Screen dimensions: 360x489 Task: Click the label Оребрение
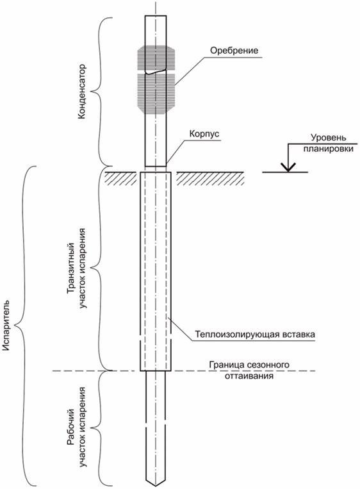[234, 51]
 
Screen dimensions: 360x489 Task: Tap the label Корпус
[204, 134]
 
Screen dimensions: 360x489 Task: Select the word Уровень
[328, 138]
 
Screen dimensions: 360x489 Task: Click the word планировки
[328, 149]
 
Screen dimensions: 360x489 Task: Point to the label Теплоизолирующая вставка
[255, 335]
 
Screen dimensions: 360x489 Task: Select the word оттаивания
[249, 376]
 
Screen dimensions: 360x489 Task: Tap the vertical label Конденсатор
[81, 92]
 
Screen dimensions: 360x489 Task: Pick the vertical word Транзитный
[71, 261]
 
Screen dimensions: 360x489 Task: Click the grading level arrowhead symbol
[288, 167]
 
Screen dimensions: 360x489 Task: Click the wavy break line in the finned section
[156, 71]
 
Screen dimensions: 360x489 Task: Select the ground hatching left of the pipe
[120, 178]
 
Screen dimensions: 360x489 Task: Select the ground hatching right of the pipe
[210, 178]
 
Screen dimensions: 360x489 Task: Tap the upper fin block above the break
[156, 58]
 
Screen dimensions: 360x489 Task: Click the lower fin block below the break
[156, 93]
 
